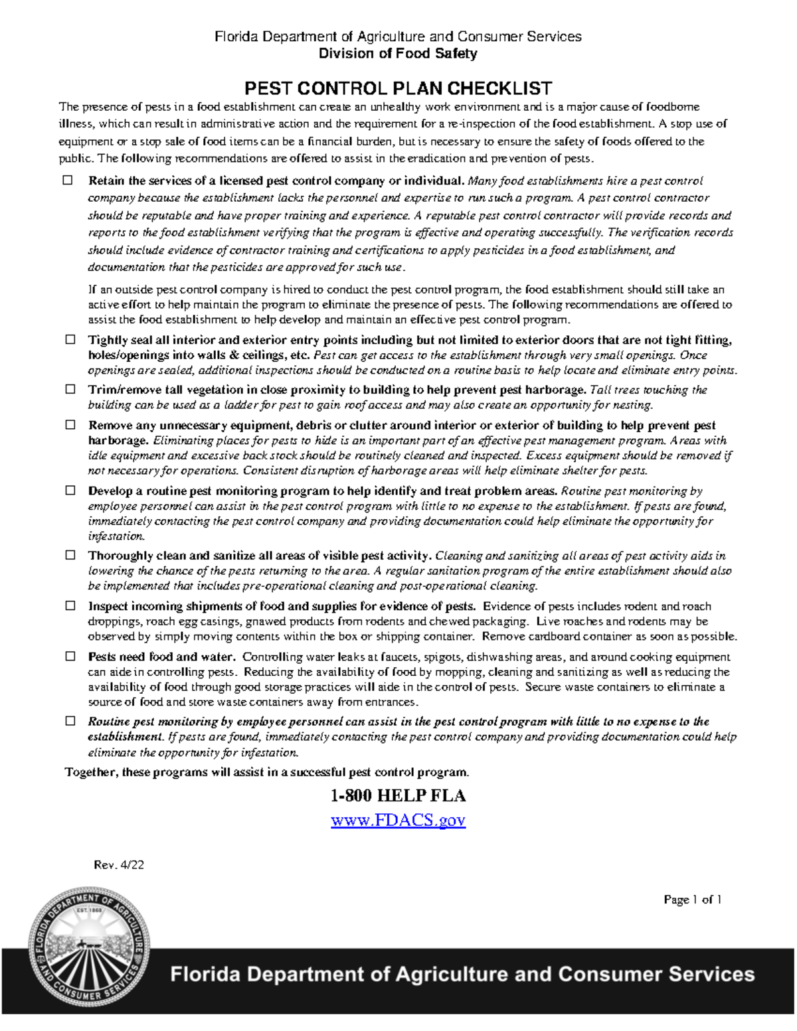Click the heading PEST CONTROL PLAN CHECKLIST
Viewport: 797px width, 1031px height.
pyautogui.click(x=398, y=88)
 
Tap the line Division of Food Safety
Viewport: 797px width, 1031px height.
pyautogui.click(x=398, y=54)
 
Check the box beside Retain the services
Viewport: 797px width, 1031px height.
pyautogui.click(x=68, y=181)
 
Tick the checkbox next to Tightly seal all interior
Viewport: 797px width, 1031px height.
pyautogui.click(x=70, y=340)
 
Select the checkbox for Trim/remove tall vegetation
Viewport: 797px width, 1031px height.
pyautogui.click(x=70, y=390)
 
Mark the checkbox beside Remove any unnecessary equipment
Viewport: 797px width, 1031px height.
pyautogui.click(x=70, y=425)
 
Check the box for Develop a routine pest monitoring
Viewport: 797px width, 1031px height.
pyautogui.click(x=70, y=491)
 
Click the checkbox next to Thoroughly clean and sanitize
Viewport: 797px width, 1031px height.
pyautogui.click(x=70, y=555)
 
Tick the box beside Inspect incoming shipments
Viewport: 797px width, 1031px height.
pyautogui.click(x=70, y=605)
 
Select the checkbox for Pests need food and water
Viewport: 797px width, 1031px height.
pyautogui.click(x=70, y=657)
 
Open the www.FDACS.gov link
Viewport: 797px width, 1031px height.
pyautogui.click(x=398, y=820)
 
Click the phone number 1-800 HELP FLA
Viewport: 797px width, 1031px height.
pyautogui.click(x=398, y=796)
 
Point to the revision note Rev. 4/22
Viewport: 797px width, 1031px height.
pyautogui.click(x=119, y=865)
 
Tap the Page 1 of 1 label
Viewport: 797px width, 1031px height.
pyautogui.click(x=692, y=900)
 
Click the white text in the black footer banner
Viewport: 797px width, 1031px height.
pyautogui.click(x=462, y=974)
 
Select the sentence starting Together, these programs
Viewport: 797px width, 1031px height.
pyautogui.click(x=266, y=772)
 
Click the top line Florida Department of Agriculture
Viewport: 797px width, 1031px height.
pyautogui.click(x=398, y=37)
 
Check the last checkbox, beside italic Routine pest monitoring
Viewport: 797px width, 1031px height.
pyautogui.click(x=70, y=721)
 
